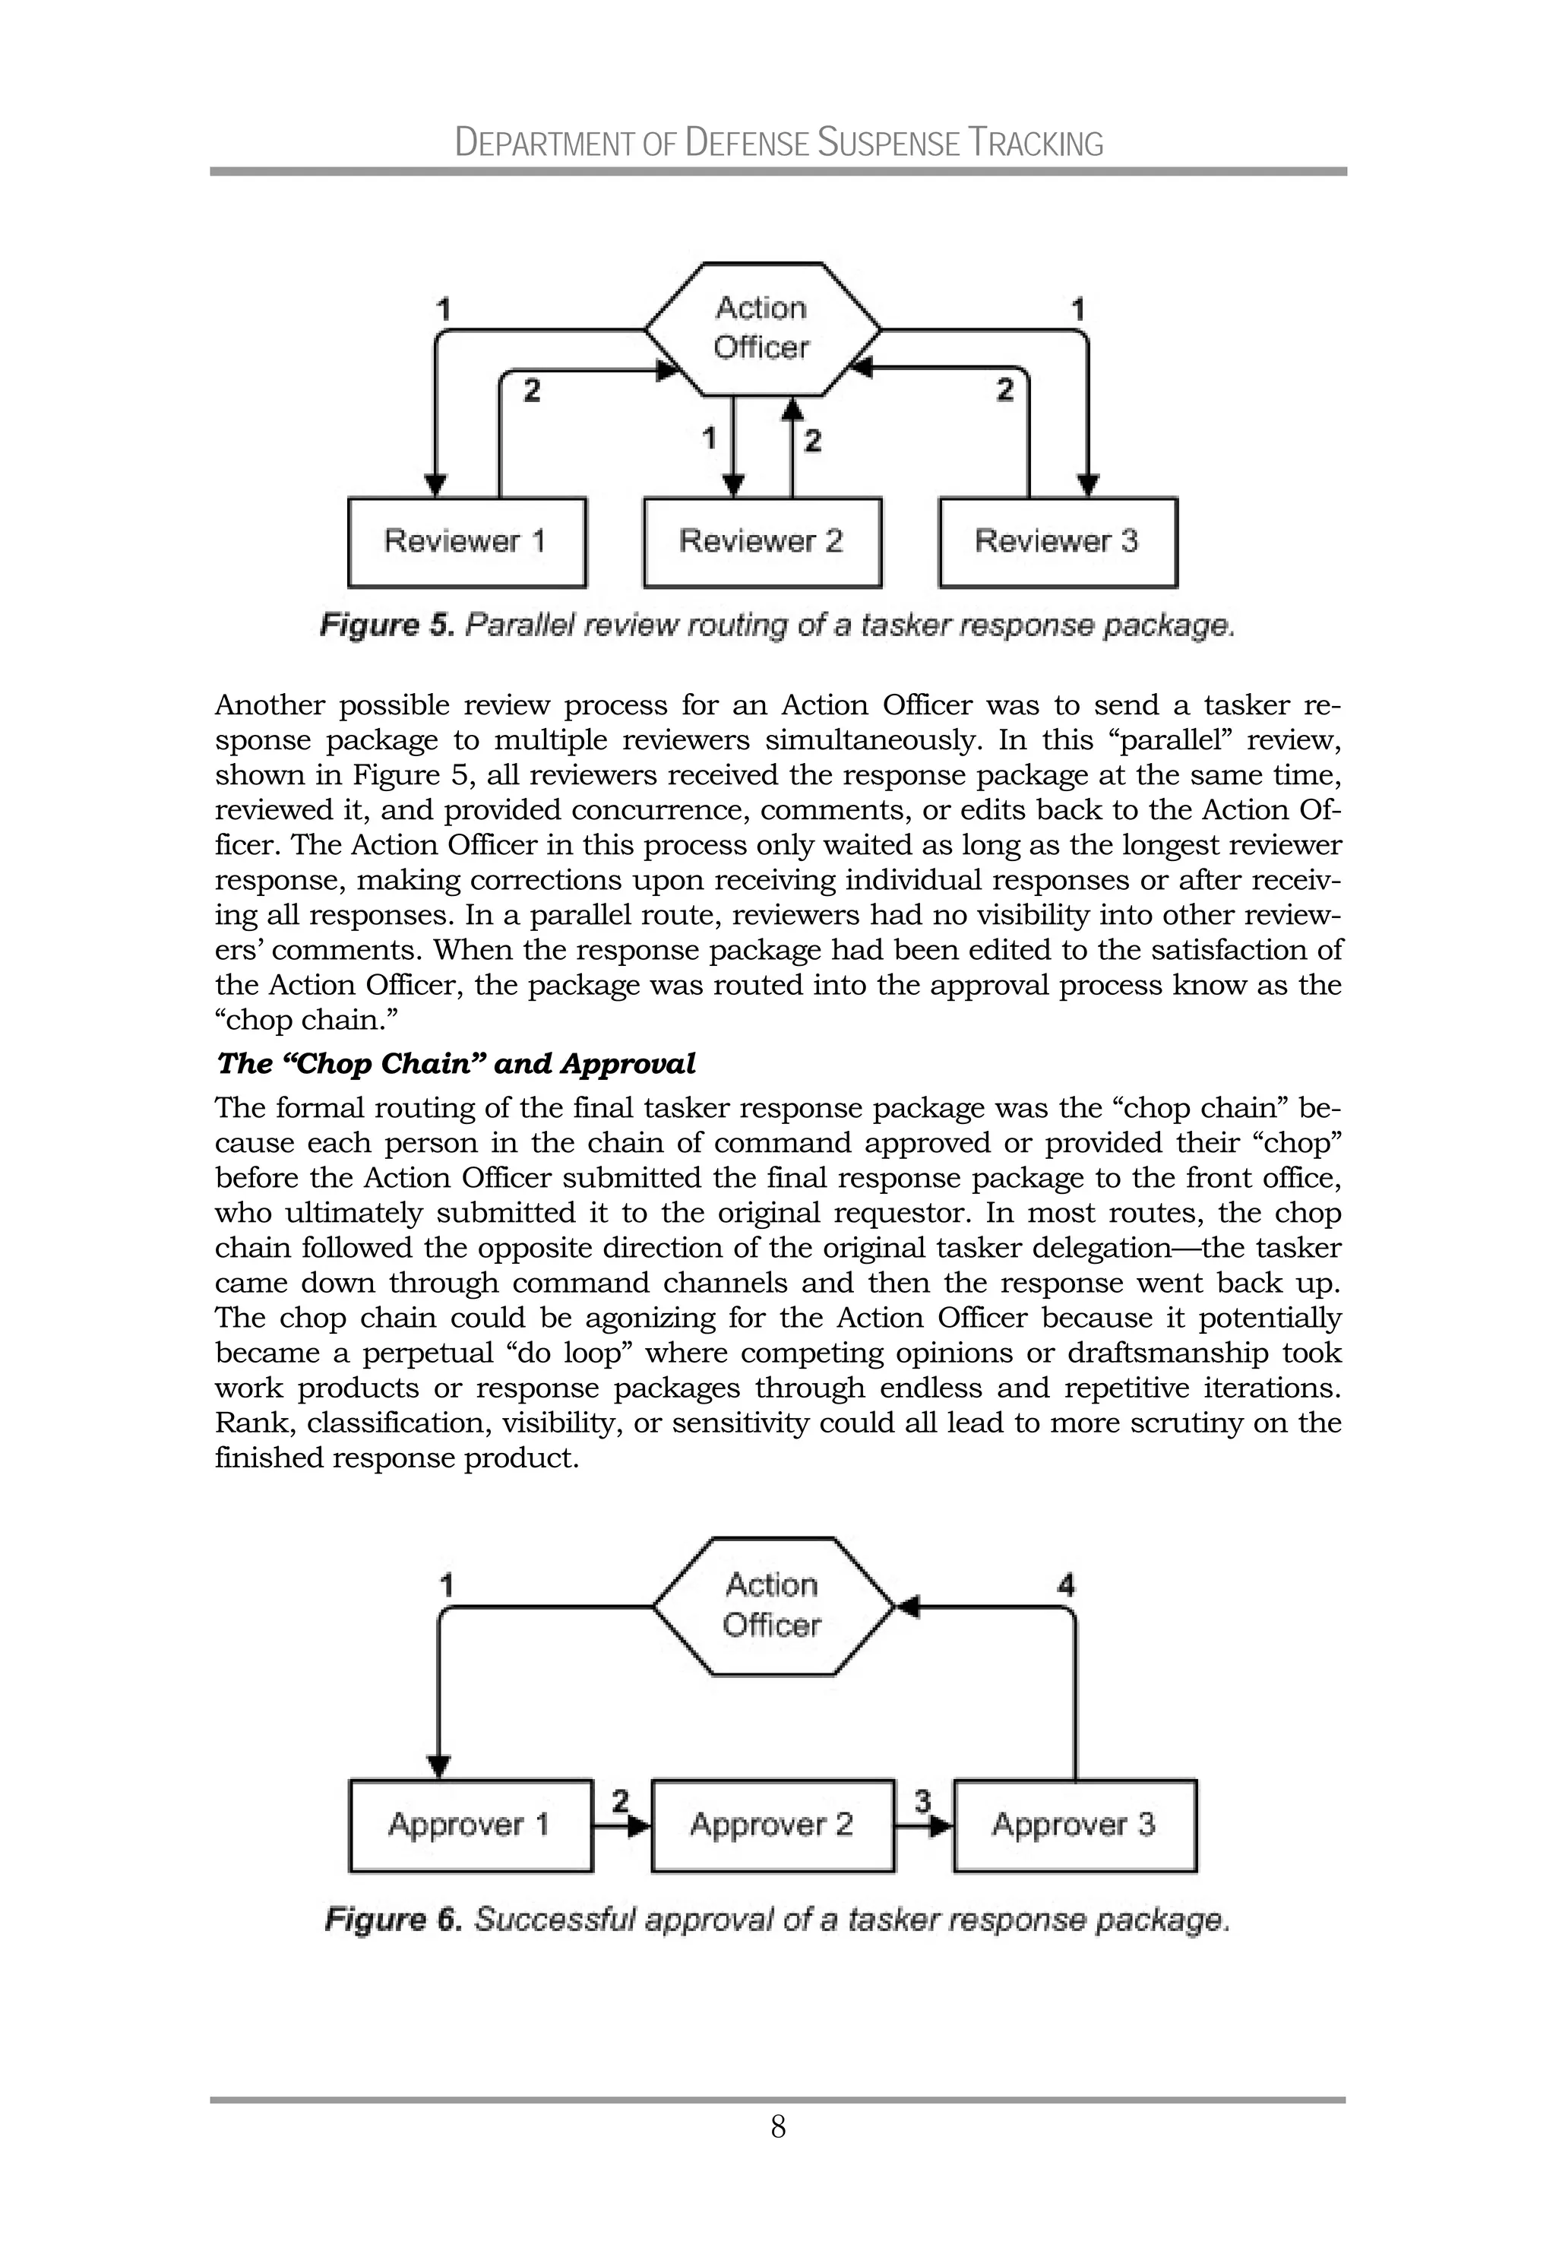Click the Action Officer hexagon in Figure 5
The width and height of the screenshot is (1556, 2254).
761,328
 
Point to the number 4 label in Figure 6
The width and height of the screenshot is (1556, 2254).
1066,1585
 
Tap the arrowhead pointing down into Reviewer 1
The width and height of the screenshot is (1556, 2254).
437,485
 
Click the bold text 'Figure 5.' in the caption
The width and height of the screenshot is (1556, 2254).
387,625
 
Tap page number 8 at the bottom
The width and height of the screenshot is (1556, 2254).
778,2126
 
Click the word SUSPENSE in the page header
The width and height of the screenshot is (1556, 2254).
888,144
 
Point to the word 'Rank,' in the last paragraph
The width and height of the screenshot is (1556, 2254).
254,1423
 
